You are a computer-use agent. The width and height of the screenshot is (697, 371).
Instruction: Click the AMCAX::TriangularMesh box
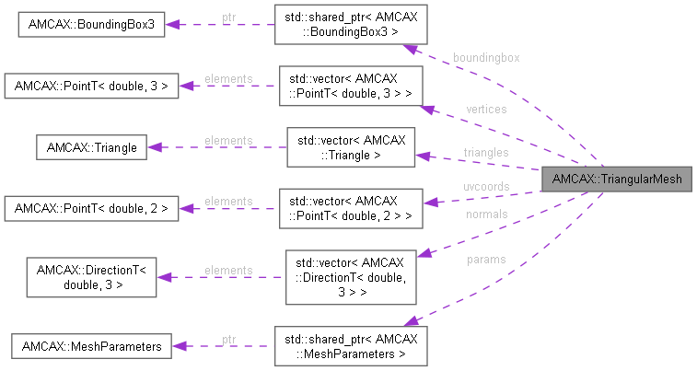coord(617,180)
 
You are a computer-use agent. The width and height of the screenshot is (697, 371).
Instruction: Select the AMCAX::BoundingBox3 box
coord(91,25)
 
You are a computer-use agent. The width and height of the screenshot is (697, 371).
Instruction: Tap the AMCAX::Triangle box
coord(90,147)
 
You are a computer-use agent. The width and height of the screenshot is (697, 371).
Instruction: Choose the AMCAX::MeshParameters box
coord(90,346)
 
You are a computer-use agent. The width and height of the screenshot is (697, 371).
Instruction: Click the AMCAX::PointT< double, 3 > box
coord(90,87)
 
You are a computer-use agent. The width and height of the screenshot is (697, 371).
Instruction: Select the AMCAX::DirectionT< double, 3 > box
coord(90,277)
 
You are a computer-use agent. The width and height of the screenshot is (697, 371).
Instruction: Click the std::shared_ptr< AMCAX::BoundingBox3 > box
coord(349,25)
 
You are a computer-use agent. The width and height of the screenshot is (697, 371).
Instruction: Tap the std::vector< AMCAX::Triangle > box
coord(349,147)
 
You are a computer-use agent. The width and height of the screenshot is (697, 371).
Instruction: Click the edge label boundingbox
coord(485,57)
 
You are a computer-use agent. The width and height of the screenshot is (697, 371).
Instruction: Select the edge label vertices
coord(486,109)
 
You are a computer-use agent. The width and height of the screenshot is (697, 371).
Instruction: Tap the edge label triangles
coord(485,152)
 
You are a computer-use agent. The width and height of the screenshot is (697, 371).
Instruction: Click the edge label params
coord(485,260)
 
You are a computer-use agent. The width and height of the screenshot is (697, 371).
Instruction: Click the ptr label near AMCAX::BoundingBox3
coord(228,17)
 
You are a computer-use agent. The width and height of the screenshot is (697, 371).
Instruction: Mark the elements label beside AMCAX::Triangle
coord(228,140)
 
